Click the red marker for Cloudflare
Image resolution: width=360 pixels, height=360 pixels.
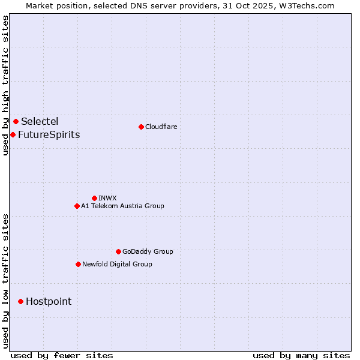point(141,127)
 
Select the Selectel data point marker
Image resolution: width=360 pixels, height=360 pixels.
point(16,122)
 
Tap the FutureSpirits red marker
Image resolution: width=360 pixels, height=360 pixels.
point(13,134)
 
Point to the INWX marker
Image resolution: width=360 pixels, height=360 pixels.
point(94,198)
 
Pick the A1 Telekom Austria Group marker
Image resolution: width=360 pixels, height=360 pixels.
point(77,206)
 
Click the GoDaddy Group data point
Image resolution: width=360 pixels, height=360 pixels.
point(118,251)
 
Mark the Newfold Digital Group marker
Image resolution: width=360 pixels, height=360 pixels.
point(78,264)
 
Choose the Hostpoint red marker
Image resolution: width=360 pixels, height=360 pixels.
point(20,301)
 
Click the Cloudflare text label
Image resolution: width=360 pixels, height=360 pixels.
point(161,127)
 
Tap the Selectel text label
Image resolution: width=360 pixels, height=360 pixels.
point(40,122)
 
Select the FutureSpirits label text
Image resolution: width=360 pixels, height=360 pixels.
point(49,134)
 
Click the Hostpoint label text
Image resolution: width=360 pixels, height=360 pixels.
point(49,301)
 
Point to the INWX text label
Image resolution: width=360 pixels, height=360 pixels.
point(107,198)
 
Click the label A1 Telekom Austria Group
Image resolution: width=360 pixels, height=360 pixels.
point(122,206)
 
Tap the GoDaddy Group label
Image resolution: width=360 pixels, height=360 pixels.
point(148,251)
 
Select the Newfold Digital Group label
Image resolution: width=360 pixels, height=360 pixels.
point(117,264)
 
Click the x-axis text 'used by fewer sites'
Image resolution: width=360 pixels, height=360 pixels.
point(62,355)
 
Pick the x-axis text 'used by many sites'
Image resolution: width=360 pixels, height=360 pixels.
point(301,355)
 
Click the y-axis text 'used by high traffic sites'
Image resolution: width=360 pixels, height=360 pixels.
point(5,86)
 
